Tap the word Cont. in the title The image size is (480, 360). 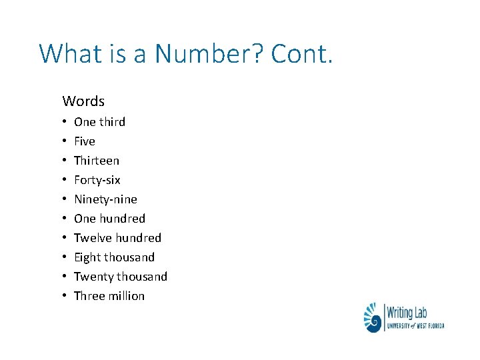[301, 53]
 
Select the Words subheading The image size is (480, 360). [83, 101]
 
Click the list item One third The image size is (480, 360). [99, 122]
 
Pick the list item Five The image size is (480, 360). [85, 141]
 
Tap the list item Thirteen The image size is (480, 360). [97, 161]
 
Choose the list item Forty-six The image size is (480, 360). [97, 180]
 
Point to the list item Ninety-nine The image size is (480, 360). [105, 199]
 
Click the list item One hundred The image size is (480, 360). [109, 219]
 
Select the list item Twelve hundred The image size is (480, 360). [117, 238]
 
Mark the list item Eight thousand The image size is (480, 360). [114, 257]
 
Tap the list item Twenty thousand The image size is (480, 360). [121, 277]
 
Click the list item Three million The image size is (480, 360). [109, 296]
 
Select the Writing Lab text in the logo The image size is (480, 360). [408, 311]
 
